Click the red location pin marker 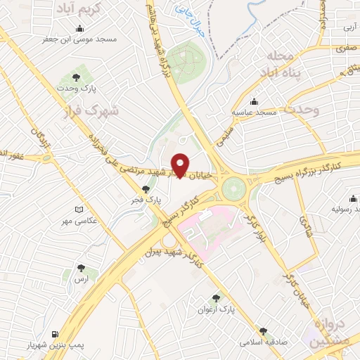click(180, 165)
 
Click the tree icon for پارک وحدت click(76, 77)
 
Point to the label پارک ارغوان click(217, 309)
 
